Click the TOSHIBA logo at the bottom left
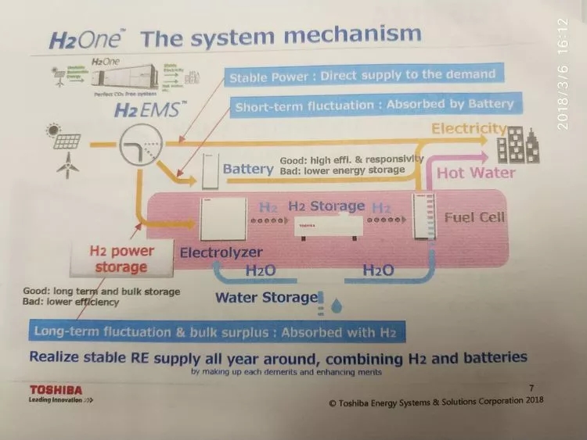click(x=56, y=389)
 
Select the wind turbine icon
click(x=68, y=164)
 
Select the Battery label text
click(x=248, y=169)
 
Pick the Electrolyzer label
click(x=220, y=253)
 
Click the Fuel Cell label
click(x=475, y=216)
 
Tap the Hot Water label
click(x=476, y=172)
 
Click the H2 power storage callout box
click(x=122, y=259)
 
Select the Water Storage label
click(x=266, y=297)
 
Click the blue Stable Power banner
click(x=362, y=76)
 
